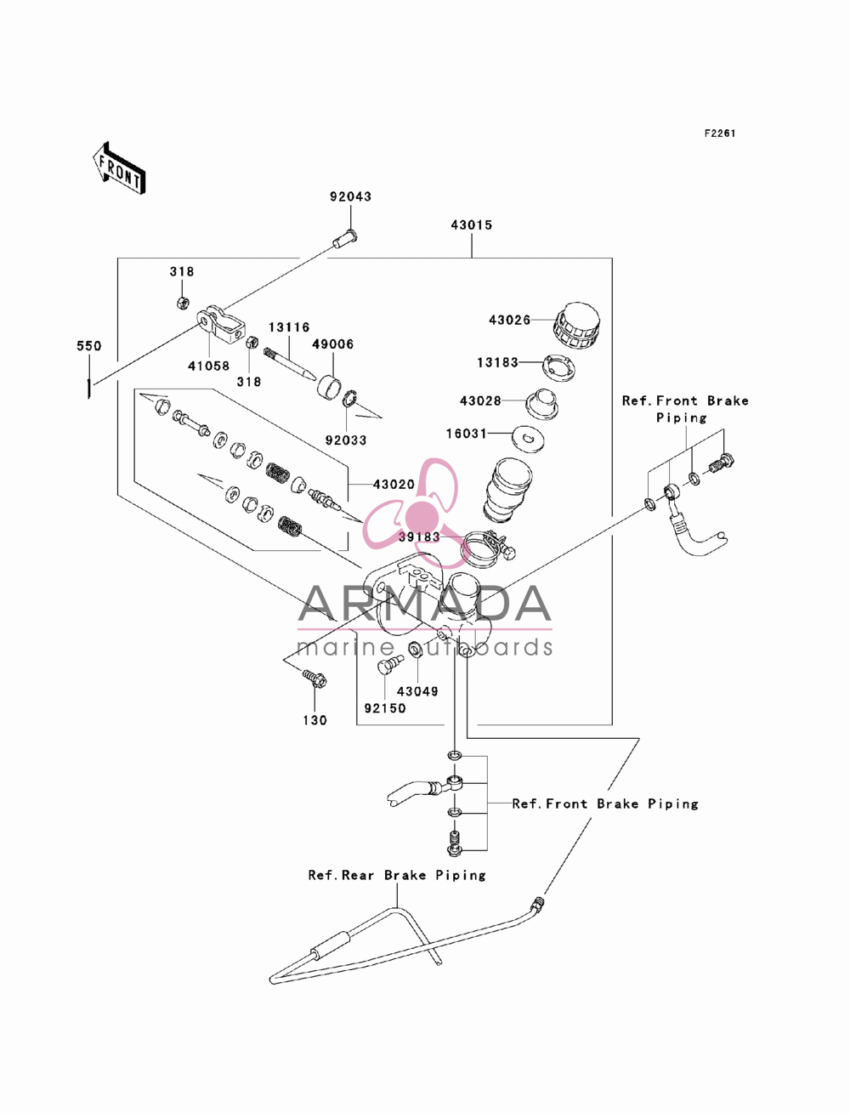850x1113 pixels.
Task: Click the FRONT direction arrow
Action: click(x=119, y=168)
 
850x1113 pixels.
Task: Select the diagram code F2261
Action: click(x=720, y=133)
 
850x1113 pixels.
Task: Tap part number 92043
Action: click(x=350, y=196)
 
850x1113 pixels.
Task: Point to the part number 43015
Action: click(x=472, y=224)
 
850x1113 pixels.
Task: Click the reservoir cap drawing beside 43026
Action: click(x=576, y=327)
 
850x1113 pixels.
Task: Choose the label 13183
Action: click(x=497, y=362)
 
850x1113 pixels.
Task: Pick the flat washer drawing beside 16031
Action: click(x=529, y=437)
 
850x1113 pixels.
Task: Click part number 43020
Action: click(x=394, y=485)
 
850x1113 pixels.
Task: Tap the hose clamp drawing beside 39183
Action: click(x=488, y=549)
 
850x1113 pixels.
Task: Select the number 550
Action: click(x=88, y=346)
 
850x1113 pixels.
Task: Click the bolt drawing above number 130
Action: click(x=314, y=678)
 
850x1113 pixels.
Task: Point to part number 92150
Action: click(x=385, y=708)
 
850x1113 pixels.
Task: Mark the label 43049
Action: click(x=417, y=691)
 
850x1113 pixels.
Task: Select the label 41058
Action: click(x=208, y=366)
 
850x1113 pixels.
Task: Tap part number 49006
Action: click(x=332, y=344)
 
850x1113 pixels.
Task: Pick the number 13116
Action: click(x=289, y=327)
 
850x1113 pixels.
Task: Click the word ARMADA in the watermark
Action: click(x=424, y=604)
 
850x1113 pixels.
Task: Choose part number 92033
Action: click(x=346, y=440)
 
